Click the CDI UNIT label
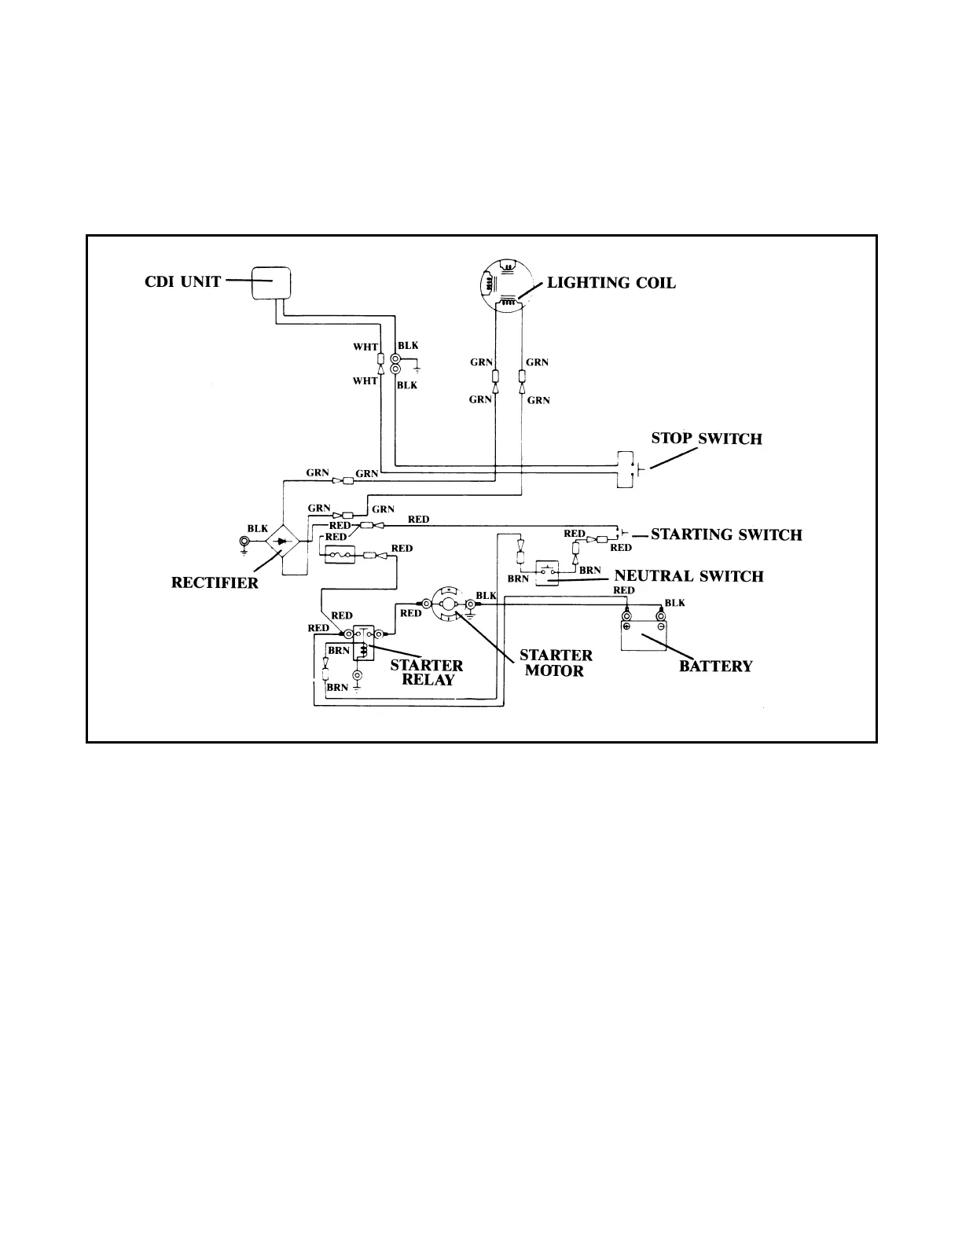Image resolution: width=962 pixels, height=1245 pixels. tap(182, 281)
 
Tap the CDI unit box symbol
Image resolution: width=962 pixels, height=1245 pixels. tap(270, 283)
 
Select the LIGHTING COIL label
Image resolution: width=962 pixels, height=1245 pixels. tap(611, 283)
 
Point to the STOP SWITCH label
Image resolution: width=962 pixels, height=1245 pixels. tap(707, 439)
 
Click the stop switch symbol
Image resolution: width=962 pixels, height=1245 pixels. tap(626, 470)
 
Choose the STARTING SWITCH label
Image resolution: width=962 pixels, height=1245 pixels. tap(726, 535)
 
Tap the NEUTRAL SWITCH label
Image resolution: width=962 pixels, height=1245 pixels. tap(688, 576)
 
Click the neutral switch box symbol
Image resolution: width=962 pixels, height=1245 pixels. tap(547, 573)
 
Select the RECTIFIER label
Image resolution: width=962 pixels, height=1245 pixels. tap(215, 582)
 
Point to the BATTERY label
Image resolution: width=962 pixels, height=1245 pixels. tap(715, 667)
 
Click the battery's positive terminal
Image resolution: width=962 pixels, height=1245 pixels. tap(626, 619)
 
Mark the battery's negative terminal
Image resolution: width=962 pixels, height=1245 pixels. tap(660, 619)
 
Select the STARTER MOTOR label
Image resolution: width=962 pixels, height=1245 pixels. tap(556, 663)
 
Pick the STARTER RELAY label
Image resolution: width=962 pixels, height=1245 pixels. tap(427, 672)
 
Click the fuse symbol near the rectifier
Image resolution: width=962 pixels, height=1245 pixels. tap(340, 555)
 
